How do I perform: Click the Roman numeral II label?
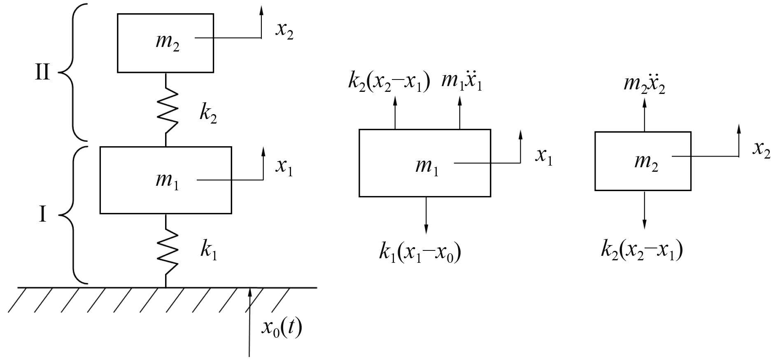tap(42, 72)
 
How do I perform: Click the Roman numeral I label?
tap(42, 215)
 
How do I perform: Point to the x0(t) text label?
tap(282, 328)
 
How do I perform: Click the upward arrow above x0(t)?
tap(249, 321)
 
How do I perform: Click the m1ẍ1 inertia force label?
tap(461, 82)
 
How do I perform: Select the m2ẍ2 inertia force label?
tap(644, 84)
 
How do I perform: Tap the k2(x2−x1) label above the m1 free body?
tap(389, 82)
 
